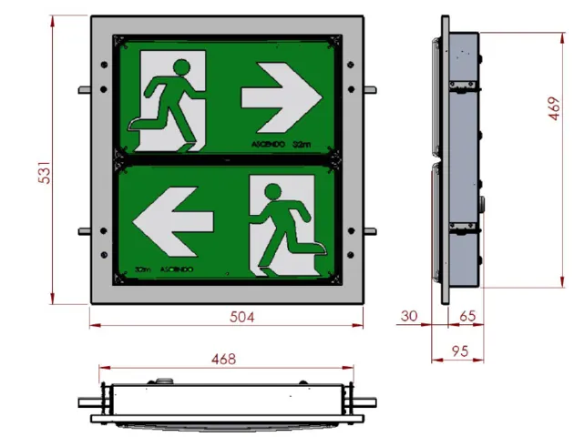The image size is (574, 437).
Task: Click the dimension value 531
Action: pos(43,166)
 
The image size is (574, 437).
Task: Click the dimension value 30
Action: pos(410,316)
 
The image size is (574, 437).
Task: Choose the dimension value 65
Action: pos(466,316)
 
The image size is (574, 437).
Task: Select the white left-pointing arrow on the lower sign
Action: pos(173,220)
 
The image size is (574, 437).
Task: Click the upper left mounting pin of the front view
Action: pos(85,89)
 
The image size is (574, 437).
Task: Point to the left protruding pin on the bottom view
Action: pos(89,402)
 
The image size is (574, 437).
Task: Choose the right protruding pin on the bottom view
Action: pos(366,402)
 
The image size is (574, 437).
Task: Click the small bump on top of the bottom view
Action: pos(164,381)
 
